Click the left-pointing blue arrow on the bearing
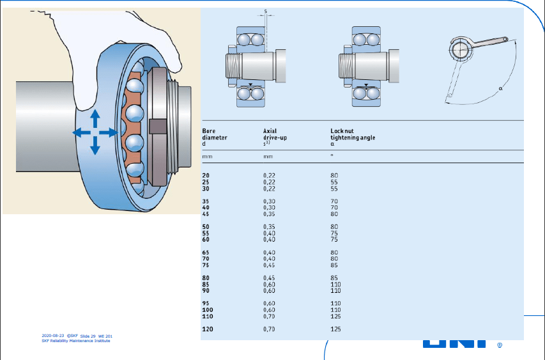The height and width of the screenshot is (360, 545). (81, 132)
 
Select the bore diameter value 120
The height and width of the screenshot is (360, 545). (207, 329)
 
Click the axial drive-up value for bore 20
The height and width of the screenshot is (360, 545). (269, 175)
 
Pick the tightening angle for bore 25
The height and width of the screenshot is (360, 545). (334, 182)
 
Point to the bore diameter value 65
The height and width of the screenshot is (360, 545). (206, 252)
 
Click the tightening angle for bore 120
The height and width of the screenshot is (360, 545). (335, 329)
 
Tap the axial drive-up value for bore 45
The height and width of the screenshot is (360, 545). (269, 214)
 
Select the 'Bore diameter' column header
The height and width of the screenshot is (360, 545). (215, 137)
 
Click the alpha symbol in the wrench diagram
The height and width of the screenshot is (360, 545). (501, 88)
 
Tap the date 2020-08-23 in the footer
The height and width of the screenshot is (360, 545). (52, 336)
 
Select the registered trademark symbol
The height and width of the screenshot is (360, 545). (500, 346)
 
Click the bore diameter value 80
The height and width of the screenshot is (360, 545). (206, 278)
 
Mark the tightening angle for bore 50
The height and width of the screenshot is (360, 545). (334, 226)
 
